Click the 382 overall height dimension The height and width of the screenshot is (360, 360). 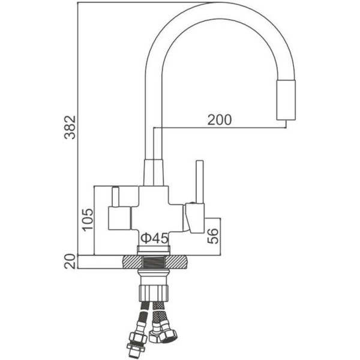point(70,127)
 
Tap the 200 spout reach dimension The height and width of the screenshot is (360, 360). point(220,120)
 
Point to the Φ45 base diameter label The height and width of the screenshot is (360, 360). point(155,238)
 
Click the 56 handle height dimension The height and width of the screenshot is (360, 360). point(213,236)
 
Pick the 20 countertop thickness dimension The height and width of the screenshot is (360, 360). point(70,262)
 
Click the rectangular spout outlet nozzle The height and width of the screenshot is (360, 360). point(286,100)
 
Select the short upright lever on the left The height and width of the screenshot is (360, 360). point(115,197)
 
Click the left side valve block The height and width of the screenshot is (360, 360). point(119,218)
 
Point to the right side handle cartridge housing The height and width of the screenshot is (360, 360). point(194,218)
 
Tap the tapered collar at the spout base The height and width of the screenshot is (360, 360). point(154,172)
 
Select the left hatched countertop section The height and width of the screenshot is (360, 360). point(132,262)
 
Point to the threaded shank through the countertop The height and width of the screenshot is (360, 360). point(154,262)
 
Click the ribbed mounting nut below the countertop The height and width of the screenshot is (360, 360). point(154,293)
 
